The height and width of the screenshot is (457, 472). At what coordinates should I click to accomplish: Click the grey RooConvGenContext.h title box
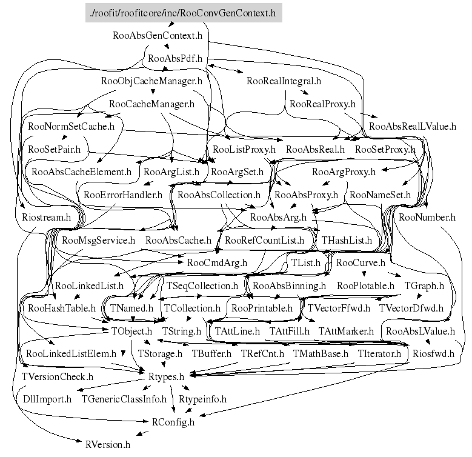click(184, 13)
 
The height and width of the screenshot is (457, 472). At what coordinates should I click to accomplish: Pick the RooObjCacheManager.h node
click(151, 80)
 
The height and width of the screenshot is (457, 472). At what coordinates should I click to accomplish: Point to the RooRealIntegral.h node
click(284, 80)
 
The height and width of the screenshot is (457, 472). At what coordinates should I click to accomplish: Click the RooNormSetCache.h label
click(71, 127)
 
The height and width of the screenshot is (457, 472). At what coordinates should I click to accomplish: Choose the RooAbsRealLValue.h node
click(412, 127)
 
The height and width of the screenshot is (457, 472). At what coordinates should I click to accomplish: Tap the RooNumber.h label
click(427, 216)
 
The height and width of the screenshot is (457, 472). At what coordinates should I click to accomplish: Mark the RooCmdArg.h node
click(217, 263)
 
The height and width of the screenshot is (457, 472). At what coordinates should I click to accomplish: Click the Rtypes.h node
click(165, 377)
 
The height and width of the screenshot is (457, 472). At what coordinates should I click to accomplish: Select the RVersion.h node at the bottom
click(108, 444)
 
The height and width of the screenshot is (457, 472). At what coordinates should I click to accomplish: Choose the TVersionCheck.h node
click(57, 377)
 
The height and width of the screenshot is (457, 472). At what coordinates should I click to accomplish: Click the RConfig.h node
click(173, 422)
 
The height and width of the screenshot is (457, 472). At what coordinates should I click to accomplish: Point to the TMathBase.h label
click(321, 353)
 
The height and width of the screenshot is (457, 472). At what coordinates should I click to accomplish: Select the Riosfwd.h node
click(433, 353)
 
